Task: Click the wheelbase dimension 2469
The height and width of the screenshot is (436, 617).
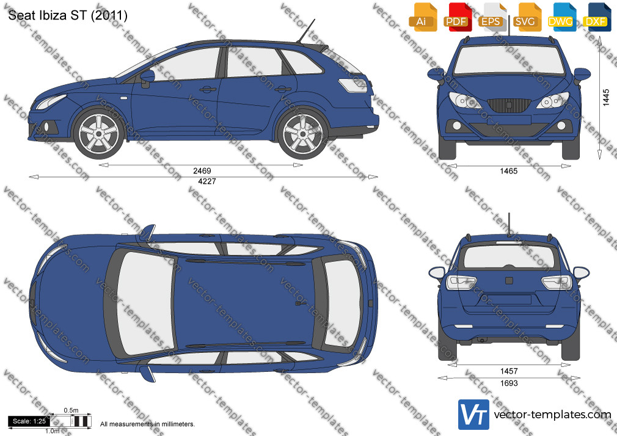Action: tap(202, 171)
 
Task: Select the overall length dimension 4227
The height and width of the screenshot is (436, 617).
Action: tap(207, 181)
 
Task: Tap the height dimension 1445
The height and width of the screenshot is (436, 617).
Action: tap(606, 98)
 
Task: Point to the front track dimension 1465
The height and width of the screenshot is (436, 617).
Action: tap(509, 171)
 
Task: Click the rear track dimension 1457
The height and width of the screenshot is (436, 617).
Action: tap(509, 371)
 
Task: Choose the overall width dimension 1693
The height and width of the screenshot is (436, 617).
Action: tap(509, 383)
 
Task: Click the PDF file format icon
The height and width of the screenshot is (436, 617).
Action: tap(456, 17)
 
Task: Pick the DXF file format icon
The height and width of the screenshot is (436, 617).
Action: tap(596, 17)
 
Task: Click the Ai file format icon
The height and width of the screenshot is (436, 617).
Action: tap(422, 17)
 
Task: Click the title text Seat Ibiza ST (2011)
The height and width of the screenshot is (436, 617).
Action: tap(68, 15)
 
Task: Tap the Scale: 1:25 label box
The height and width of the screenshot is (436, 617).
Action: tap(29, 421)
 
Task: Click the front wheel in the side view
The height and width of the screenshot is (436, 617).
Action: tap(99, 133)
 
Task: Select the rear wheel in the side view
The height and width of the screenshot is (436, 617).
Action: tap(302, 133)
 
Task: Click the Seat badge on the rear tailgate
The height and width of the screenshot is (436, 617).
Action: tap(509, 280)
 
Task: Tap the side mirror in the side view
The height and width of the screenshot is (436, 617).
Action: tap(147, 78)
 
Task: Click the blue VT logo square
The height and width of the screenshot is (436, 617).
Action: tap(474, 415)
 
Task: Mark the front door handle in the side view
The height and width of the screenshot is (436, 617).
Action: tap(208, 89)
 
